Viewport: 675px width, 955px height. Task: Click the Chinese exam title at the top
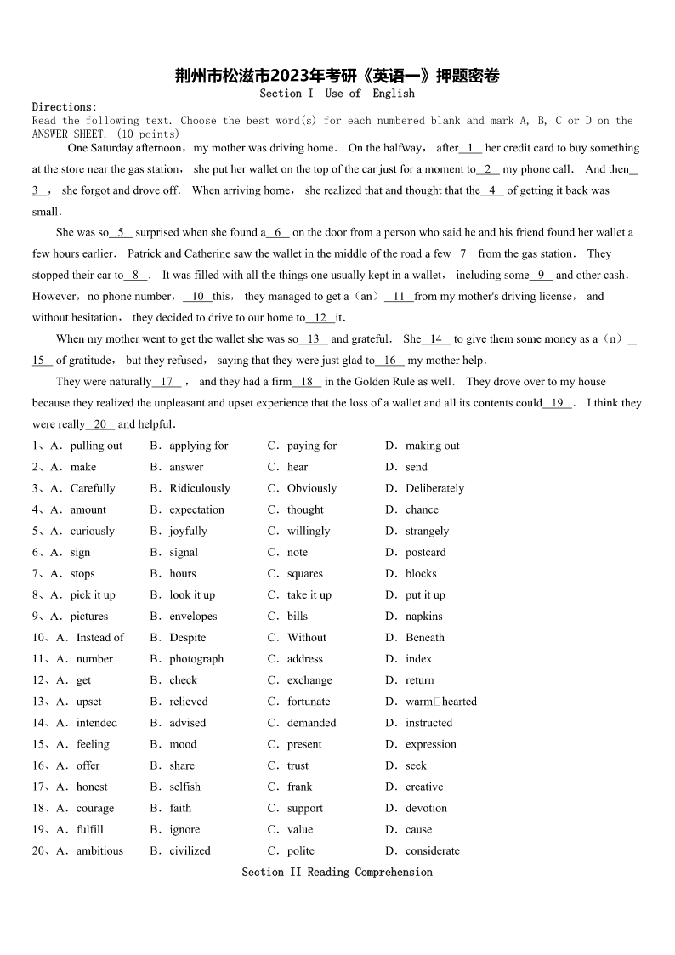(x=337, y=77)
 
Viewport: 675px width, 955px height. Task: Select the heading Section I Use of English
(x=337, y=94)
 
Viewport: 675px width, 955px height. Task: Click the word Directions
(x=65, y=107)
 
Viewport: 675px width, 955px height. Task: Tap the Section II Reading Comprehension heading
(x=337, y=872)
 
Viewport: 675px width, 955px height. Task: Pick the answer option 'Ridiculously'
(x=200, y=488)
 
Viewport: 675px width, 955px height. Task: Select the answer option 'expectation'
(x=196, y=509)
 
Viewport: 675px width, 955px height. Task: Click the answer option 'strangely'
(x=427, y=531)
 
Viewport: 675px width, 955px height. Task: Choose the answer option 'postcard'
(x=425, y=552)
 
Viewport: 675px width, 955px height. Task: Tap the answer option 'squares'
(x=304, y=574)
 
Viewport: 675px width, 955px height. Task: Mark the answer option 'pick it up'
(x=93, y=595)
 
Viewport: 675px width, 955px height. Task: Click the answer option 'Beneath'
(x=424, y=638)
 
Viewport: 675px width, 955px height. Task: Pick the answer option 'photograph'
(x=196, y=659)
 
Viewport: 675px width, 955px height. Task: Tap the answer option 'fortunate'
(x=309, y=702)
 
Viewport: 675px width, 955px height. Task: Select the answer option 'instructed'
(x=428, y=723)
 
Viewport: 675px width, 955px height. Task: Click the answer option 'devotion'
(x=426, y=808)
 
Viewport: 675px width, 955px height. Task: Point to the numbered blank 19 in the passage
(x=558, y=403)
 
